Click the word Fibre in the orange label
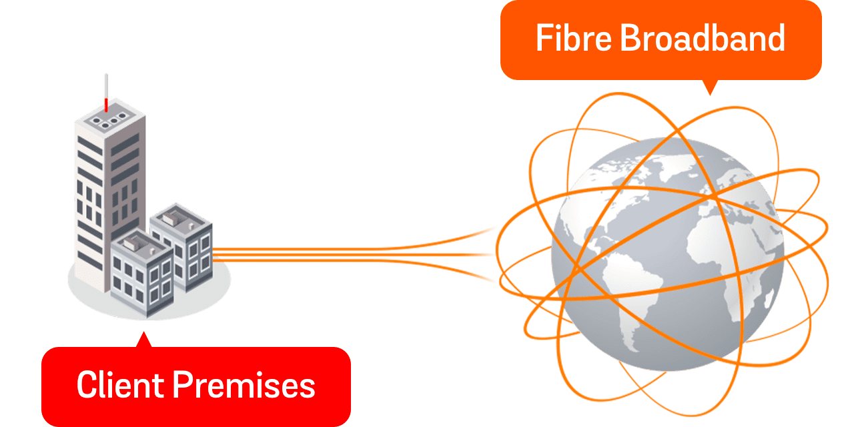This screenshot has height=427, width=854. pyautogui.click(x=574, y=39)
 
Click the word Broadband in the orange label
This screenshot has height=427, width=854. pyautogui.click(x=703, y=39)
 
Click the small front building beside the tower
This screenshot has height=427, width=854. pyautogui.click(x=140, y=274)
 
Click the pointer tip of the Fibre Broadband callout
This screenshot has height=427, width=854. pyautogui.click(x=710, y=94)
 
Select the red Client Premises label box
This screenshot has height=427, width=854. pyautogui.click(x=195, y=386)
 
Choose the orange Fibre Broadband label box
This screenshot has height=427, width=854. pyautogui.click(x=661, y=39)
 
